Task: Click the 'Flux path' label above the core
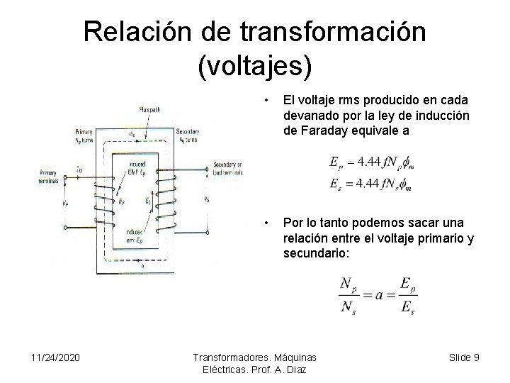coord(148,109)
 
